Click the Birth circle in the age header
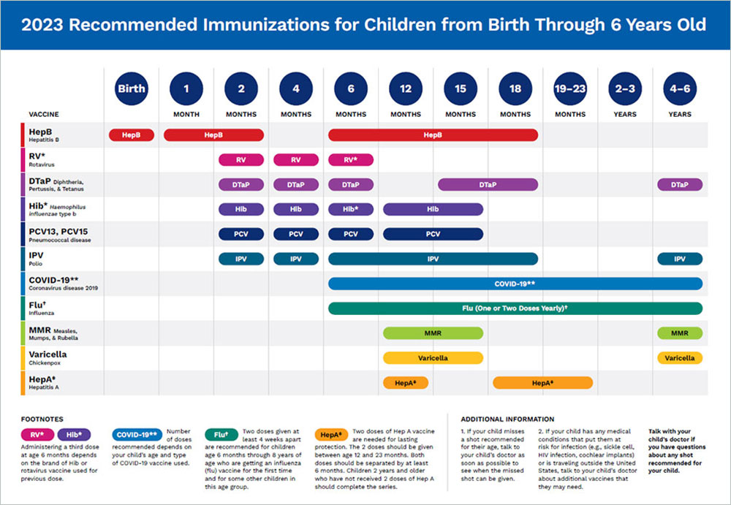point(132,89)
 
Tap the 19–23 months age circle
point(570,89)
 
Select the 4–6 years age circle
point(680,89)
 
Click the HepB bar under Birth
point(131,134)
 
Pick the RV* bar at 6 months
point(351,159)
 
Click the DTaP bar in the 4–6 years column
point(680,185)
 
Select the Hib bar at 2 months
point(241,209)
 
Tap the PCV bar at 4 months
point(296,235)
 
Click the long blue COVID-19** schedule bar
point(515,284)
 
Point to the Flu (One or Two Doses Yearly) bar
point(515,308)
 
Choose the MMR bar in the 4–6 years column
point(680,333)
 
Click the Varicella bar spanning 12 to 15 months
point(433,358)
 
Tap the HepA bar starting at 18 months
point(542,383)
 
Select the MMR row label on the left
point(40,330)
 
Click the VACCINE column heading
point(44,115)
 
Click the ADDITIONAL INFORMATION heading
point(507,419)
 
